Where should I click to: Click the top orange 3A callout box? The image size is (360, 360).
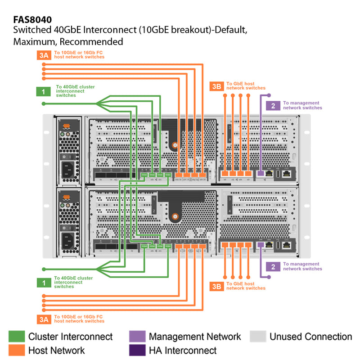(43, 55)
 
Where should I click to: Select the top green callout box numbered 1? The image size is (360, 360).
(43, 92)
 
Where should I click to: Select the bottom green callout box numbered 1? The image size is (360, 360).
(43, 283)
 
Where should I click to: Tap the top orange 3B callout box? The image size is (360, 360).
(216, 86)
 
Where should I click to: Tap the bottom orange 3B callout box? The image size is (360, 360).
(216, 286)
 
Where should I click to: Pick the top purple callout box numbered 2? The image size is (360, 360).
(273, 106)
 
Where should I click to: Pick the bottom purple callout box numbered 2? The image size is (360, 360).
(273, 266)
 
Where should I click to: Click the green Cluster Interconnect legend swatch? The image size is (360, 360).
(17, 337)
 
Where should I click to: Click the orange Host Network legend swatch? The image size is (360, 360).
(17, 350)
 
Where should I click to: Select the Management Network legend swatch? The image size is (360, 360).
(137, 337)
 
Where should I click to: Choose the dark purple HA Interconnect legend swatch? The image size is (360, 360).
(137, 350)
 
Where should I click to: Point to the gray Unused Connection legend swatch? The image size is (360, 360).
(257, 337)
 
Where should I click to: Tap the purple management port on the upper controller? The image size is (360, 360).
(260, 172)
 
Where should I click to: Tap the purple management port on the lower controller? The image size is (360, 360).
(260, 245)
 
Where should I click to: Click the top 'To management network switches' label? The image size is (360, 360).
(302, 105)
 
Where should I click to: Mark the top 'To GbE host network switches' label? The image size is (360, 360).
(246, 86)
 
